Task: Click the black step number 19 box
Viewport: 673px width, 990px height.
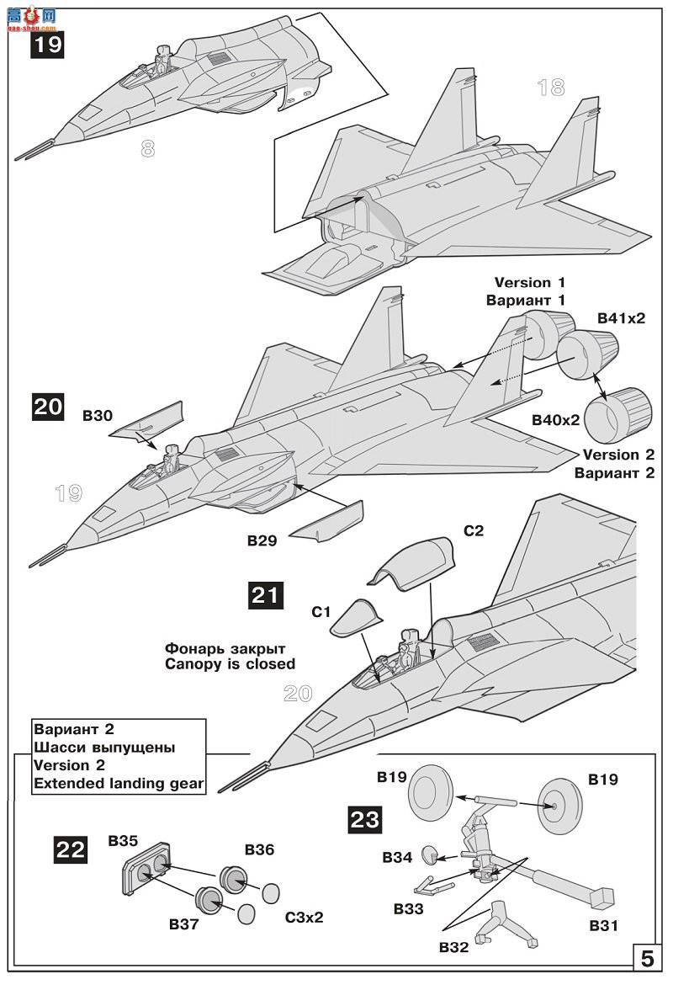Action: pos(48,44)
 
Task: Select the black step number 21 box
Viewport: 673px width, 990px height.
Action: pos(266,594)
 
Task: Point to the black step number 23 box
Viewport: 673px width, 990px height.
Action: pos(364,819)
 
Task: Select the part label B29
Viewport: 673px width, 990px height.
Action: pos(263,541)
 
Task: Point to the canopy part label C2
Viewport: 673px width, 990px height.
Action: pos(474,531)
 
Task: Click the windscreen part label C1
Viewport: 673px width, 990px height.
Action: pos(322,613)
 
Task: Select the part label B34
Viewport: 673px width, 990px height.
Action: pos(398,857)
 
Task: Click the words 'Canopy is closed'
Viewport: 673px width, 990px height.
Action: pos(231,664)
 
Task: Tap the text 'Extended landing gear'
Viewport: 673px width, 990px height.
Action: pos(119,784)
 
